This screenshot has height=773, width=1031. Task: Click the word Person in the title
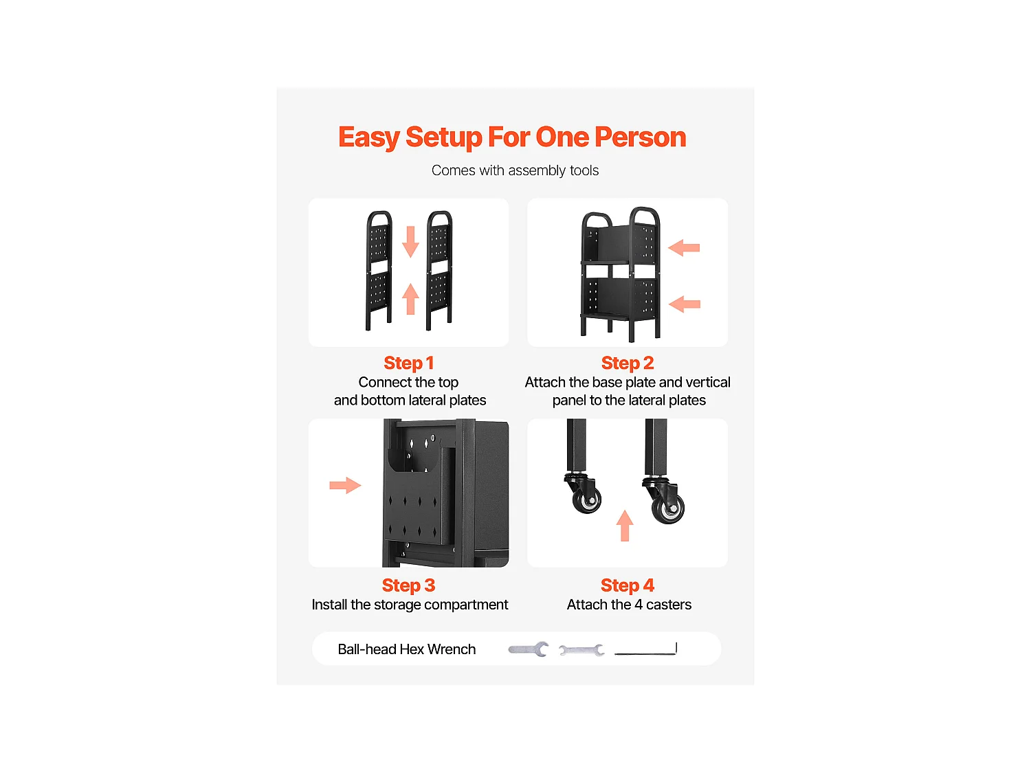(640, 137)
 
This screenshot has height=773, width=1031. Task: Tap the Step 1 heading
(408, 363)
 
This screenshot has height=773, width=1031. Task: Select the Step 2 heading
(627, 363)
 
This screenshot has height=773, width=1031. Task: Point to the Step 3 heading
(408, 585)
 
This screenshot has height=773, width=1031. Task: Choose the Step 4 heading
(627, 585)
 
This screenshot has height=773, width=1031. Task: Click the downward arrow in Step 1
(410, 241)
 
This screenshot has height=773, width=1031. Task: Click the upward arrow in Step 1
(410, 298)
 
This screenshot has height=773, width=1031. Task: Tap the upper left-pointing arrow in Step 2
(683, 247)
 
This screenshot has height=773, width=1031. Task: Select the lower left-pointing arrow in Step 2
(684, 304)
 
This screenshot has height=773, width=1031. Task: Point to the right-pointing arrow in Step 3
(345, 485)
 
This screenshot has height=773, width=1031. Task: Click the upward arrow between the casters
(624, 526)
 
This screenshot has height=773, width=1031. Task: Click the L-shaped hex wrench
(646, 652)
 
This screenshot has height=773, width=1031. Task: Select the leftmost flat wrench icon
(528, 649)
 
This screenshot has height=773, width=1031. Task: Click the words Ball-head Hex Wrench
(407, 649)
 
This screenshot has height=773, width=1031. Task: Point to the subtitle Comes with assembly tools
(515, 170)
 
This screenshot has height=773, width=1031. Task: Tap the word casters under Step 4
(668, 605)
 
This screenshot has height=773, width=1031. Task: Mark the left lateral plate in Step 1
(379, 271)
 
